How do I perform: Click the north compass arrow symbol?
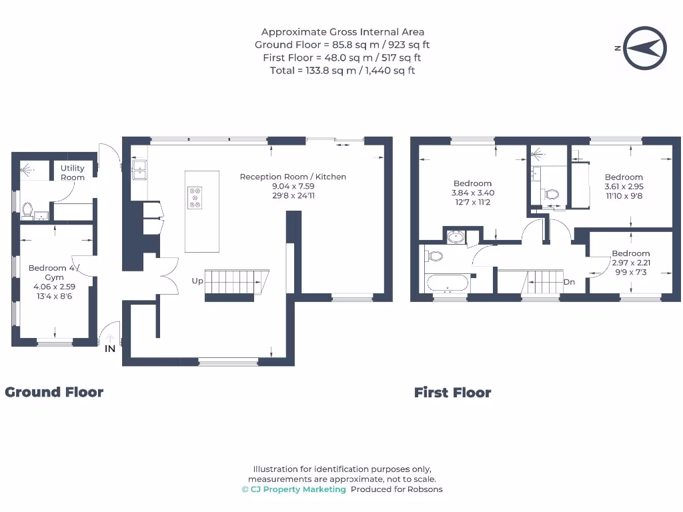[x=643, y=48]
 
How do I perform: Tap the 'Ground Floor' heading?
[x=54, y=392]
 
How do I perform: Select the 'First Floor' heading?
[x=452, y=393]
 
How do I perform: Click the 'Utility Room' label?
[x=73, y=173]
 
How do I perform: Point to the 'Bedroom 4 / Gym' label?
[x=53, y=272]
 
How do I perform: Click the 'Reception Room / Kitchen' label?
[x=293, y=177]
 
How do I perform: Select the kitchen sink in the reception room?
[x=139, y=170]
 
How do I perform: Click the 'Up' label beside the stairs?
[x=197, y=281]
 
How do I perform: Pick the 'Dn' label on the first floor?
[x=569, y=282]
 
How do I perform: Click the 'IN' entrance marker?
[x=110, y=348]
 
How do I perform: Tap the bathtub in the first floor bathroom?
[x=447, y=283]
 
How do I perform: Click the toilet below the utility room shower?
[x=27, y=210]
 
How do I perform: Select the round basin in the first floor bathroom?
[x=456, y=237]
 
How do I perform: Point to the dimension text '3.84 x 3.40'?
[x=474, y=193]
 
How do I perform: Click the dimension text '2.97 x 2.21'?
[x=630, y=263]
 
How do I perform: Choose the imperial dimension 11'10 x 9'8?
[x=624, y=196]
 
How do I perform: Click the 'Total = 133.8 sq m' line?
[x=342, y=71]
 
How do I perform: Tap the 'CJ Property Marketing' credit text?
[x=293, y=489]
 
